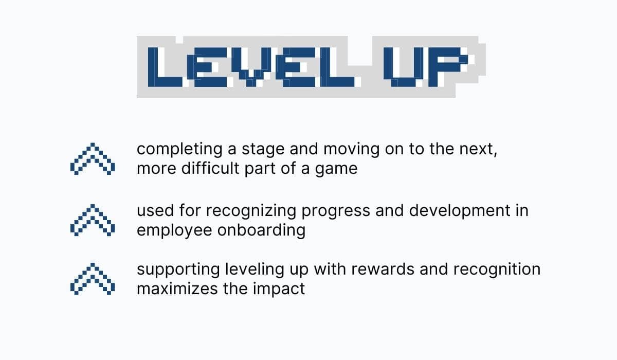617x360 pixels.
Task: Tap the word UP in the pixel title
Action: pos(427,67)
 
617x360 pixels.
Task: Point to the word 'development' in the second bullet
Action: pos(439,211)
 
